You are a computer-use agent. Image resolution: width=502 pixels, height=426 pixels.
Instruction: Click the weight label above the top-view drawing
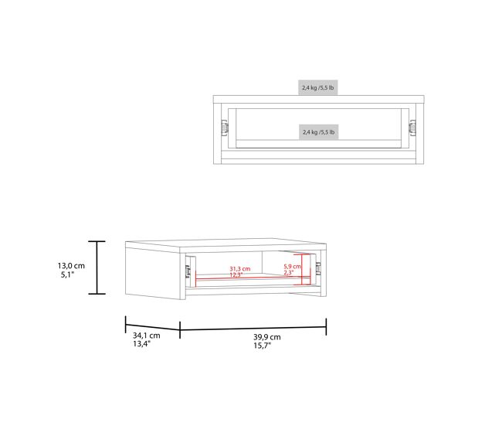click(x=318, y=87)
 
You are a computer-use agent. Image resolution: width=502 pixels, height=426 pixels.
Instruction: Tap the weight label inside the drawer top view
click(x=318, y=132)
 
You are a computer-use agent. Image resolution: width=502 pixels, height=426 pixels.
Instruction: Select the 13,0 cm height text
click(x=71, y=266)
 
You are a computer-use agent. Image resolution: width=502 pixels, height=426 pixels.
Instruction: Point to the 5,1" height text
click(x=67, y=274)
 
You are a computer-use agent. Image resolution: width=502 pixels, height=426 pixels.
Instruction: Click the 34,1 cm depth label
click(x=146, y=336)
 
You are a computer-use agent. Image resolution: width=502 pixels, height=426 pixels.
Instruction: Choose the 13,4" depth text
click(x=142, y=344)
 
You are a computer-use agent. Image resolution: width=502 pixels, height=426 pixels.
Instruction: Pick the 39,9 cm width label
click(x=267, y=337)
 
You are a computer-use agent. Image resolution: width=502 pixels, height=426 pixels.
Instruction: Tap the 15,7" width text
click(x=263, y=346)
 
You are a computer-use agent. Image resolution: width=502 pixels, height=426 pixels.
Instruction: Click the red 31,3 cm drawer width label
click(x=239, y=269)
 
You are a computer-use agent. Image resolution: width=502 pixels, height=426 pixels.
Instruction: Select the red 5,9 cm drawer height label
click(x=292, y=267)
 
